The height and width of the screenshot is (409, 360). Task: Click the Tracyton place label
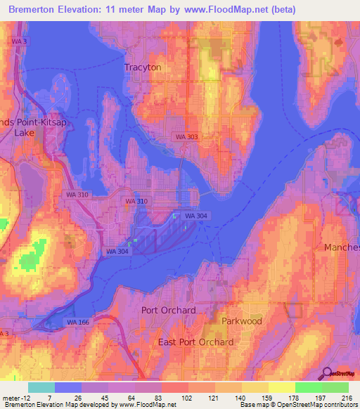tap(143, 67)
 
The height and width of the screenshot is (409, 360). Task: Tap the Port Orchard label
tap(168, 310)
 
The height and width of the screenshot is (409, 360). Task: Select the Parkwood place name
tap(242, 320)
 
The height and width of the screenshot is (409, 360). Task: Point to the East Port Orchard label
tap(196, 342)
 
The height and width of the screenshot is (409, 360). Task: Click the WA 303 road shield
tap(187, 137)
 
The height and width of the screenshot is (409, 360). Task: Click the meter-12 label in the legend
tap(15, 398)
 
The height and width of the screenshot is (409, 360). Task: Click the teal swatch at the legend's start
tap(41, 387)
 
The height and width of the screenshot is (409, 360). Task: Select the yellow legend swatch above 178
tap(282, 387)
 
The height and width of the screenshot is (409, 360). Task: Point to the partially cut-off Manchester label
tap(342, 247)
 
